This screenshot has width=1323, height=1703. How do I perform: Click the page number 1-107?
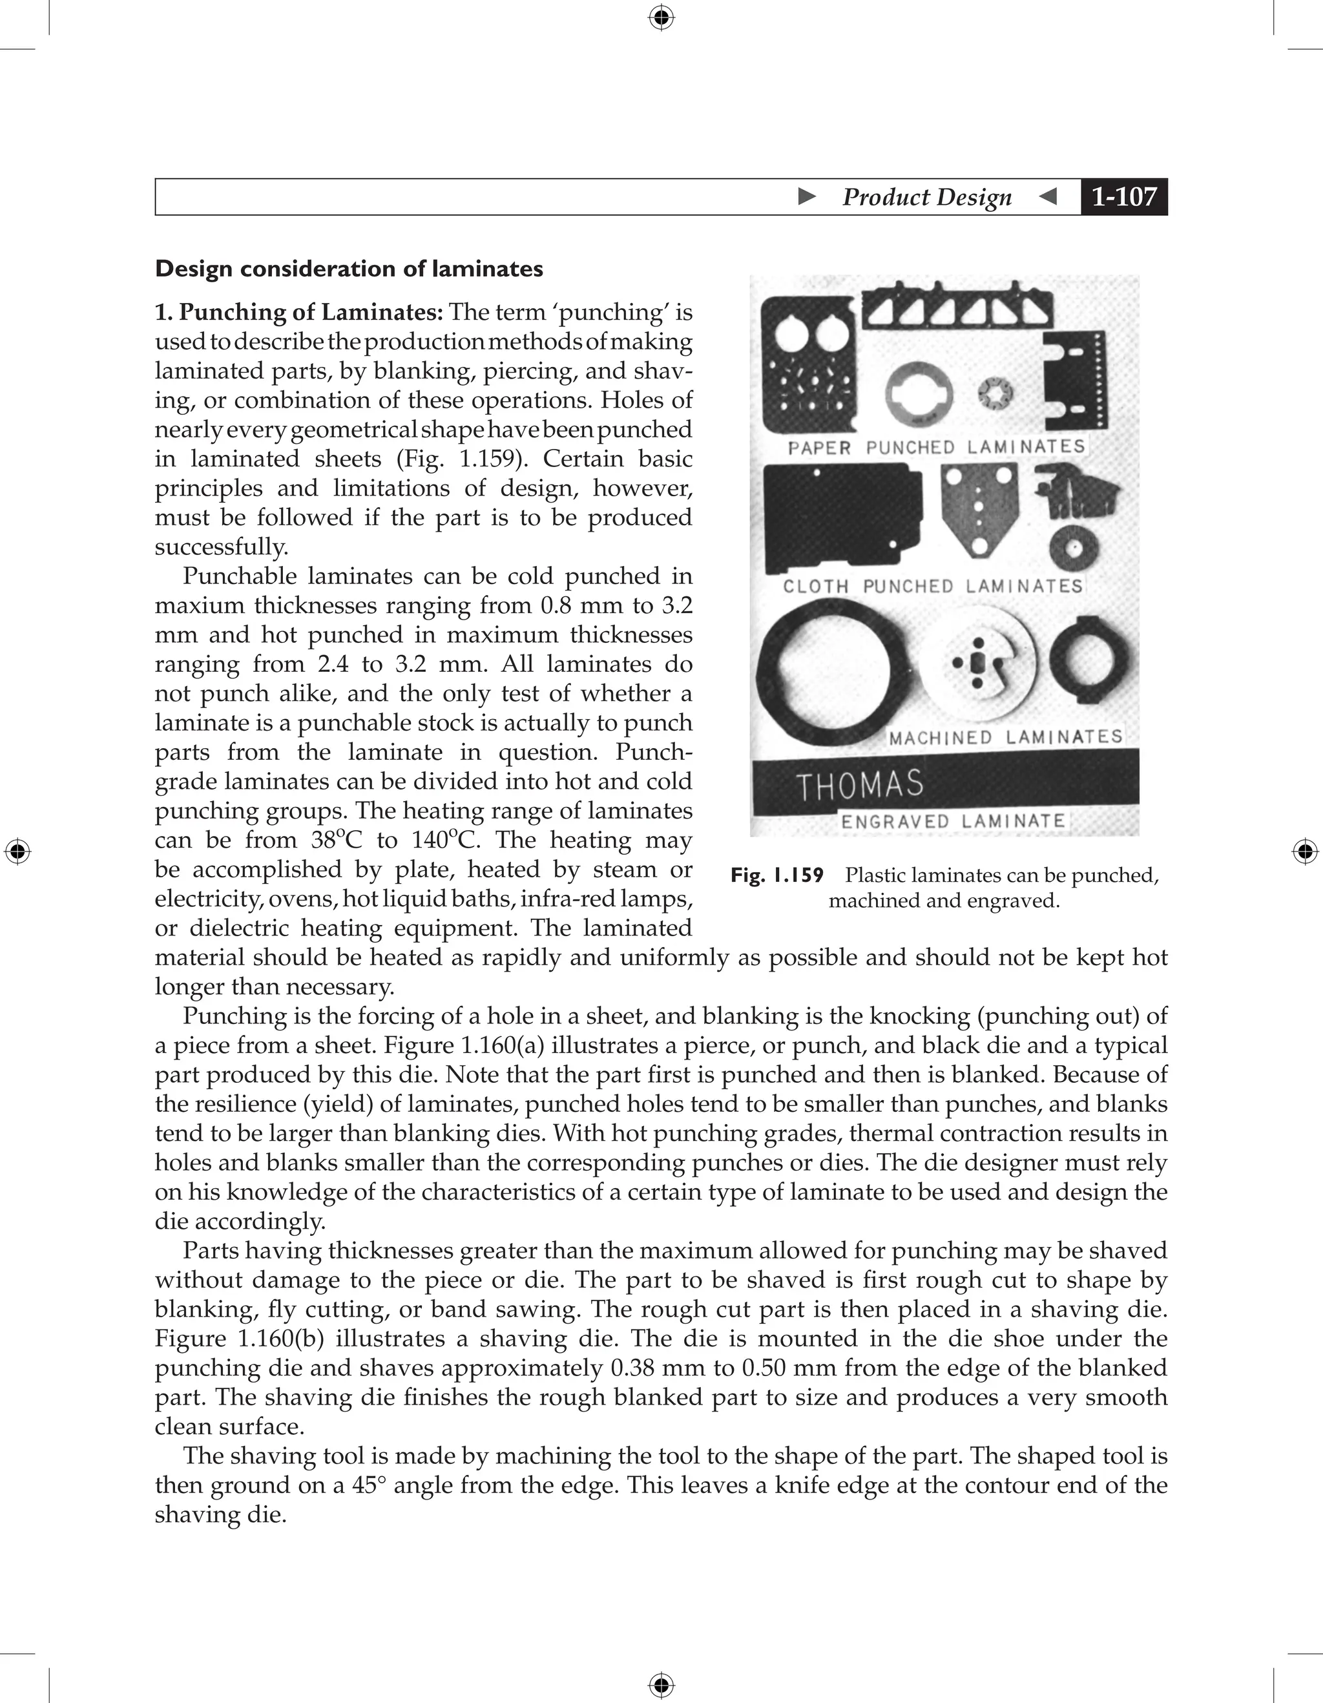tap(1123, 196)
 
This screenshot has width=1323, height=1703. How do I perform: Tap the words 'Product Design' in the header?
tap(926, 197)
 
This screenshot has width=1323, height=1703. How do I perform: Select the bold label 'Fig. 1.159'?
tap(776, 875)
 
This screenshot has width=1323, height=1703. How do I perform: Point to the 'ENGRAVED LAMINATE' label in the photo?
tap(953, 821)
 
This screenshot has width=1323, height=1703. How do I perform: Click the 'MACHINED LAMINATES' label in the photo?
tap(1006, 737)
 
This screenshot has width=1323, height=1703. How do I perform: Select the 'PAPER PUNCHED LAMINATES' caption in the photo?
tap(936, 447)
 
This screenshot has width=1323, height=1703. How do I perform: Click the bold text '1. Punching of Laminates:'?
tap(298, 313)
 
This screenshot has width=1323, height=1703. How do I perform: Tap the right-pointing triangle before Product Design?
tap(807, 196)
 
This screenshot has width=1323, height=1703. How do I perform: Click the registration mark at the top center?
tap(661, 17)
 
